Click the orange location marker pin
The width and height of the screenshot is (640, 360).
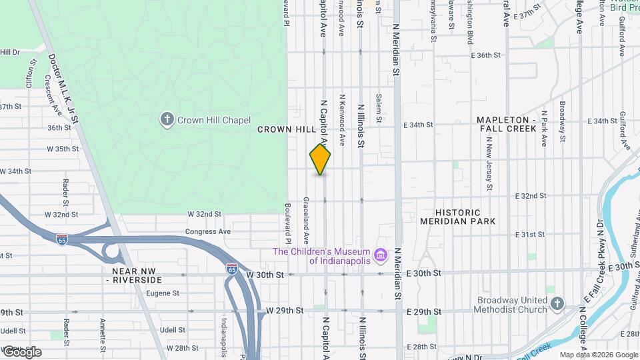(321, 159)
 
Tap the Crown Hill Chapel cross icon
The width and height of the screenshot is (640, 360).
(167, 120)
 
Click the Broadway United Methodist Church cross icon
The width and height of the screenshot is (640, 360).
(557, 305)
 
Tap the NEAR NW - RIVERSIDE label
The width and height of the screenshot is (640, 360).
(133, 276)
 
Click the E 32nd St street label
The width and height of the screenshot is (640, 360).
(531, 196)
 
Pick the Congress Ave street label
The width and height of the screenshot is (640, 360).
(208, 231)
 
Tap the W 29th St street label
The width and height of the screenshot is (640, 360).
(284, 311)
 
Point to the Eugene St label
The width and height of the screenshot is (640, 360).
(163, 293)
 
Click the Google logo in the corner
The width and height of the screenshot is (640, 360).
(21, 351)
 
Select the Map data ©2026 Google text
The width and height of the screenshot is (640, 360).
(598, 355)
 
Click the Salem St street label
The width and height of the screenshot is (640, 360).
(377, 108)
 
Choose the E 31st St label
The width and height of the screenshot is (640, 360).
(531, 235)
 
